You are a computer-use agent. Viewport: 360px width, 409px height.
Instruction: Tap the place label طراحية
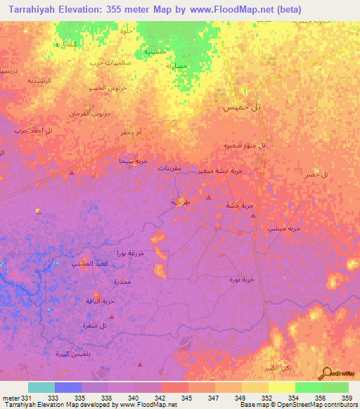[x=181, y=202]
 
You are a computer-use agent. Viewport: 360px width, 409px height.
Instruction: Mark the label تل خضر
[x=317, y=174]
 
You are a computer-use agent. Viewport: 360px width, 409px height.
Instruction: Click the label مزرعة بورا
[x=130, y=252]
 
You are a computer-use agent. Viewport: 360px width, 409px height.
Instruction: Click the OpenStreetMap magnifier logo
[x=327, y=372]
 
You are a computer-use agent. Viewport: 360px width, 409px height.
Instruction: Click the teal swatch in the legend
[x=41, y=387]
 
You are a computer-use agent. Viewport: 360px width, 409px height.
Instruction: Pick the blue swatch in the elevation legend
[x=68, y=387]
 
